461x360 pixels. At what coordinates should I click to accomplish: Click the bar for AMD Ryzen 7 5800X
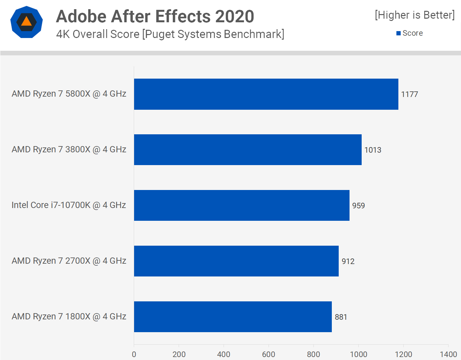[x=266, y=94]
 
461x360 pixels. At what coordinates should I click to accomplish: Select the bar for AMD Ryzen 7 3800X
[x=248, y=150]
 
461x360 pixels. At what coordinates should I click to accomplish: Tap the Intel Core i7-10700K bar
[x=242, y=205]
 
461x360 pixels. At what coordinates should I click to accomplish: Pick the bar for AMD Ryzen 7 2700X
[x=236, y=261]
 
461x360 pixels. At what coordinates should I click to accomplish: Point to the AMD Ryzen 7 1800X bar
[x=233, y=317]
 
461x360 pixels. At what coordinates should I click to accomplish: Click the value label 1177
[x=410, y=94]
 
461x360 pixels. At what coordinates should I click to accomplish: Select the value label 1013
[x=373, y=150]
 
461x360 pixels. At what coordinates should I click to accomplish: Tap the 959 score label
[x=358, y=206]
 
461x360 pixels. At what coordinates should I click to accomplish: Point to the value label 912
[x=348, y=261]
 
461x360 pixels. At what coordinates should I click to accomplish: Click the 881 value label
[x=341, y=317]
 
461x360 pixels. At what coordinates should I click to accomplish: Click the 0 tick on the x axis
[x=134, y=354]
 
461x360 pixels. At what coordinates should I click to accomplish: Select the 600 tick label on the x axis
[x=269, y=354]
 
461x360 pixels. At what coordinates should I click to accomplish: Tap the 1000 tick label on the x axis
[x=358, y=354]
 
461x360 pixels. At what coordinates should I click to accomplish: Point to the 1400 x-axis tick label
[x=448, y=354]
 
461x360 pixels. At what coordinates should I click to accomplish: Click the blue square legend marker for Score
[x=398, y=33]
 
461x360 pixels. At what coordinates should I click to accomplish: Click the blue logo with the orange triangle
[x=27, y=22]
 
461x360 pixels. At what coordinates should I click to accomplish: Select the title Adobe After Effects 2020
[x=155, y=16]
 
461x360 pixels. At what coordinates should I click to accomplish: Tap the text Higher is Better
[x=415, y=15]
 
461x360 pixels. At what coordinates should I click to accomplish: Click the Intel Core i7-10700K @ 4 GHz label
[x=69, y=205]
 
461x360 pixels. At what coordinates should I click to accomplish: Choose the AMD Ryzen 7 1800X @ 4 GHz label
[x=69, y=316]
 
